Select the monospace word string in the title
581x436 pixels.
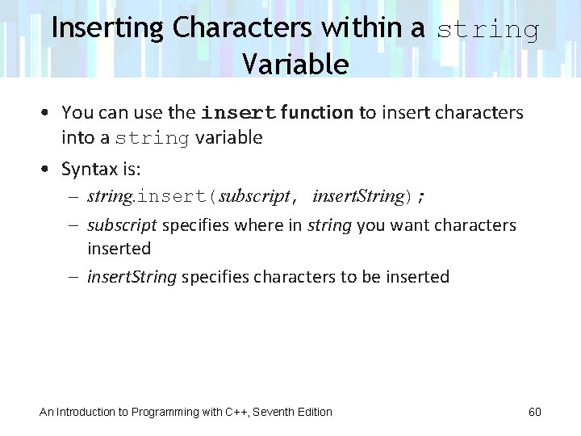(x=487, y=31)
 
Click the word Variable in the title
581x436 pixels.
(x=295, y=64)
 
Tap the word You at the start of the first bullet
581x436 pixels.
(x=77, y=112)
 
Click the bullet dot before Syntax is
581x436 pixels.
(x=47, y=169)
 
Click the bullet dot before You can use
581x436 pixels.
(x=47, y=112)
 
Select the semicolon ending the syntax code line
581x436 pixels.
(x=420, y=197)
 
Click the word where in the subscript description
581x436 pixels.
(x=281, y=225)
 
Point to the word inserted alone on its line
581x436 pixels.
(x=119, y=249)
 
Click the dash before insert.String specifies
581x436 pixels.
(x=73, y=277)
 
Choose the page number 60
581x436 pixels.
(x=534, y=412)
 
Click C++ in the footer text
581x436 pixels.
(x=237, y=412)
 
